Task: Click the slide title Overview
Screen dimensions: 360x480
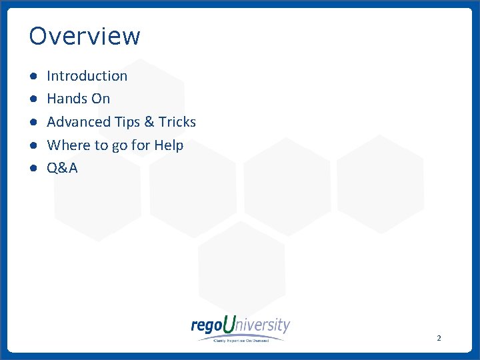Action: [85, 36]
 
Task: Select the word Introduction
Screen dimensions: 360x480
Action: [87, 76]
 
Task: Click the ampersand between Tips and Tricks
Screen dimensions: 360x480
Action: [149, 122]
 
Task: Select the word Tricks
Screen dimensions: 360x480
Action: [177, 122]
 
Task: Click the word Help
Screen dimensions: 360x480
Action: [169, 145]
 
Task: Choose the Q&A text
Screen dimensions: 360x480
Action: [62, 168]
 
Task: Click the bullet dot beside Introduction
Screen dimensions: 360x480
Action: [33, 77]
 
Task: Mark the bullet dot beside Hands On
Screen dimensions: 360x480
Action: [33, 99]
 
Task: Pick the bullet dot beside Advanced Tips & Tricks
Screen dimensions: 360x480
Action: [33, 123]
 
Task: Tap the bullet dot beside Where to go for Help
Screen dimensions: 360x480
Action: [33, 146]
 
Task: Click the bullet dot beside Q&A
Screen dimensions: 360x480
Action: [33, 169]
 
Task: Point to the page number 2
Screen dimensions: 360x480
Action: [439, 338]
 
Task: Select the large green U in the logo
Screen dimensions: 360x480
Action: [229, 325]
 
